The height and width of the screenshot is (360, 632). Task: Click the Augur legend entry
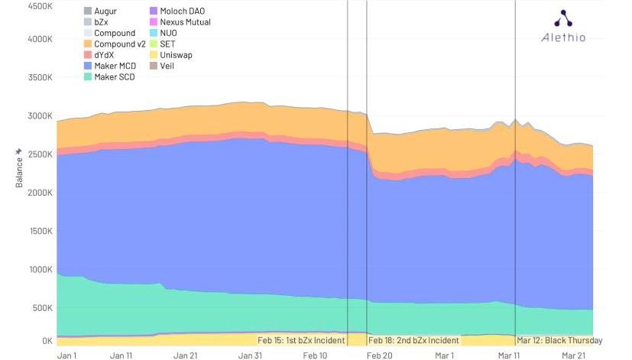105,11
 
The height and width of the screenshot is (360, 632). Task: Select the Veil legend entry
169,66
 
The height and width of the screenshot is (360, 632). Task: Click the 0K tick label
45,341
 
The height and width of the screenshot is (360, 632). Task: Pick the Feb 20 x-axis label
380,355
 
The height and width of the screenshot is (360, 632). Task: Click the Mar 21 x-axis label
574,355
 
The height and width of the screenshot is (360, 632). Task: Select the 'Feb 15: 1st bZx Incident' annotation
301,340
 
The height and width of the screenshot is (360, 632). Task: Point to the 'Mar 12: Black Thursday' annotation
559,340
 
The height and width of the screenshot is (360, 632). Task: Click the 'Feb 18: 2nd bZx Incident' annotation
413,340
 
